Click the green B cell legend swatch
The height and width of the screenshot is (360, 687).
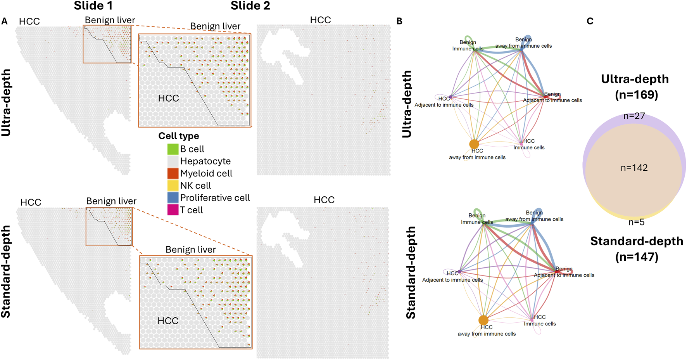[x=173, y=149]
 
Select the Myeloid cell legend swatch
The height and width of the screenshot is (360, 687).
[x=173, y=173]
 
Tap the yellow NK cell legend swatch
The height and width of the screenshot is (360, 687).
[x=173, y=185]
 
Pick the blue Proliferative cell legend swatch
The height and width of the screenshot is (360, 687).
[x=173, y=198]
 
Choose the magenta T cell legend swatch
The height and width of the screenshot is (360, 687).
[x=173, y=210]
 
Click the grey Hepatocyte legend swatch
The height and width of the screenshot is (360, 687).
[x=173, y=161]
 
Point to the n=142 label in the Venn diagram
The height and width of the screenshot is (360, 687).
[x=634, y=168]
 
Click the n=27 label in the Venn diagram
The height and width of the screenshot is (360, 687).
[x=634, y=116]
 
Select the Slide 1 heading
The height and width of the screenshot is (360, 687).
[x=94, y=6]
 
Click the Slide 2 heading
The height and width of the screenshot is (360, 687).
[x=250, y=6]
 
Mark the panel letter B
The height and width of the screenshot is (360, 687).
[x=399, y=21]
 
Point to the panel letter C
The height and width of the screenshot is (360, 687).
[x=590, y=21]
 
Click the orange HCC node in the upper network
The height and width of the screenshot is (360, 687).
[x=474, y=144]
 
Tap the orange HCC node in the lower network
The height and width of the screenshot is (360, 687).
[x=483, y=320]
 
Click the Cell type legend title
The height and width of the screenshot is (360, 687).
[x=178, y=136]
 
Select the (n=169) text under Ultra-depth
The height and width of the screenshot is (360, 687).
[x=636, y=95]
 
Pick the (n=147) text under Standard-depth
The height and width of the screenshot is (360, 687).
[x=637, y=257]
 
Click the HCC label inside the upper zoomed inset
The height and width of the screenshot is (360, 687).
[x=168, y=98]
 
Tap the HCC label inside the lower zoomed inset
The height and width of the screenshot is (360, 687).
[x=168, y=321]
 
